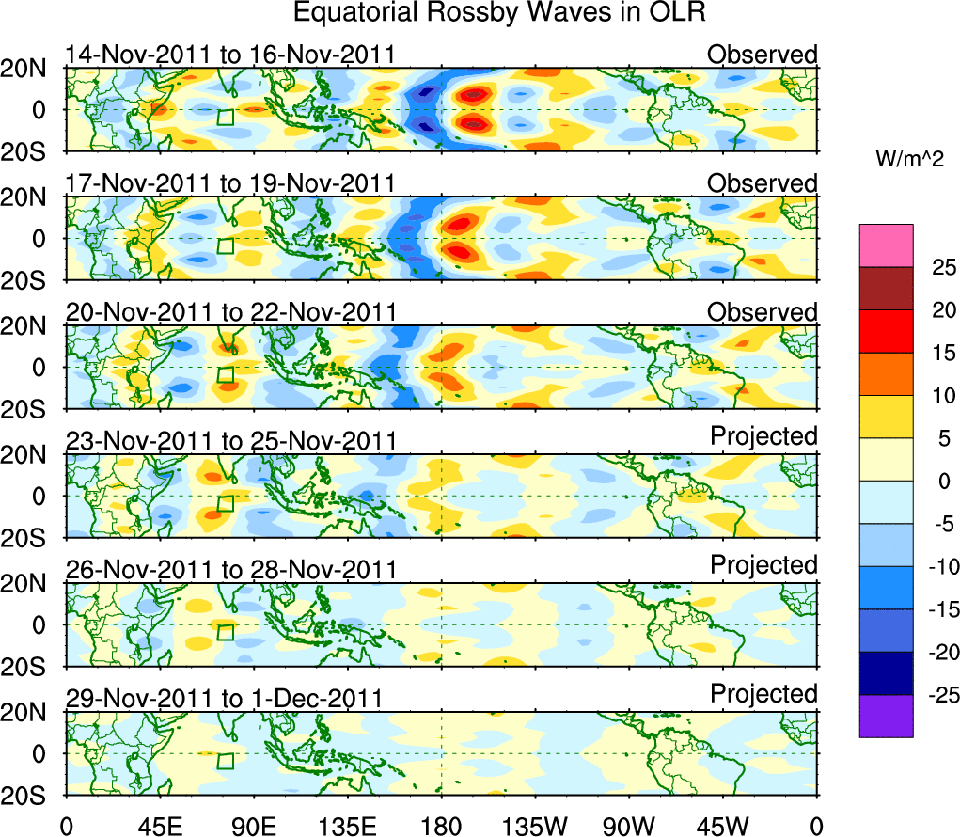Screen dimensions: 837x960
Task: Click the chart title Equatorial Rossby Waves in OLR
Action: tap(499, 14)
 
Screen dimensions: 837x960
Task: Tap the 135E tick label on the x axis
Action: tap(347, 826)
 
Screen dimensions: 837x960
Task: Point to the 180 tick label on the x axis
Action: tap(441, 826)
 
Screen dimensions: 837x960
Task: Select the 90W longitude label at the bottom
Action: tap(629, 826)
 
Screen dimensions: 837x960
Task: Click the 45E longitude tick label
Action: tap(159, 826)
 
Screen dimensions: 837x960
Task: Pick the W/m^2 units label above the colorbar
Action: tap(909, 160)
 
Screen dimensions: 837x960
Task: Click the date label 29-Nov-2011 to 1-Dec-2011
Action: tap(223, 699)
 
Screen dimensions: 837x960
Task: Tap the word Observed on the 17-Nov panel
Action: tap(763, 183)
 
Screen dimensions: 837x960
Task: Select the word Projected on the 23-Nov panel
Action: tap(763, 436)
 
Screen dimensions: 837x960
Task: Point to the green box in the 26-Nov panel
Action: tap(226, 631)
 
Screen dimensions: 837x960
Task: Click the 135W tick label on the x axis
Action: tap(535, 826)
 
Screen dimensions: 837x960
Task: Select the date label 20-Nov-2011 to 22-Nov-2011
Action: tap(230, 312)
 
